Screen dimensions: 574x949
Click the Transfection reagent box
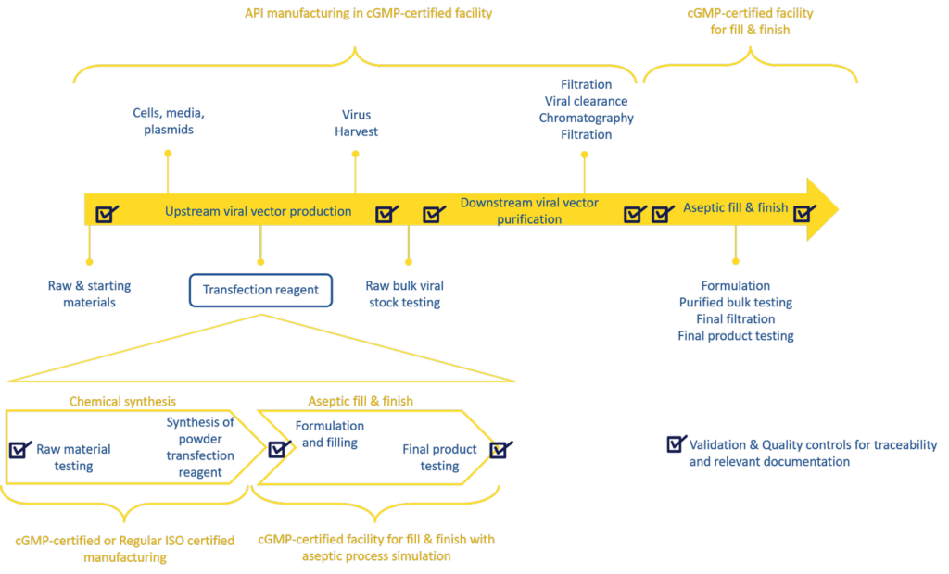pos(260,290)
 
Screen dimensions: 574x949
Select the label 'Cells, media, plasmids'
pos(168,122)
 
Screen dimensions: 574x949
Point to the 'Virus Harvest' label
pos(356,123)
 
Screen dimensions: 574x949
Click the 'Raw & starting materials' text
pos(89,293)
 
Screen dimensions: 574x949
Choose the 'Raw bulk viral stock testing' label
pos(405,293)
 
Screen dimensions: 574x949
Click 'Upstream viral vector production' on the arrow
pos(258,211)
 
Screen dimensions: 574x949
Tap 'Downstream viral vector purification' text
pos(529,211)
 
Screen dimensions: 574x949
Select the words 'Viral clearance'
pos(586,101)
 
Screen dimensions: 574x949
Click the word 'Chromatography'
pos(586,118)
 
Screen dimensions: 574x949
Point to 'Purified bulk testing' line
pos(735,302)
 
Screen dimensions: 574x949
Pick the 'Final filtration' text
pos(735,318)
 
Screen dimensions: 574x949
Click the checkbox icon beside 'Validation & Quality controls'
pos(677,444)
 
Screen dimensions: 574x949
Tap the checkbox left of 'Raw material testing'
pos(20,449)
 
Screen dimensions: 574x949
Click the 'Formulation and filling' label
pos(329,434)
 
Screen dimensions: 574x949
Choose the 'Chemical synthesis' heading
pos(122,401)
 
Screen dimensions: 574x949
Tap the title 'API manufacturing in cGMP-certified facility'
pos(368,13)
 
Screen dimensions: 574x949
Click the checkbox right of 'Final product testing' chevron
pos(501,449)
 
